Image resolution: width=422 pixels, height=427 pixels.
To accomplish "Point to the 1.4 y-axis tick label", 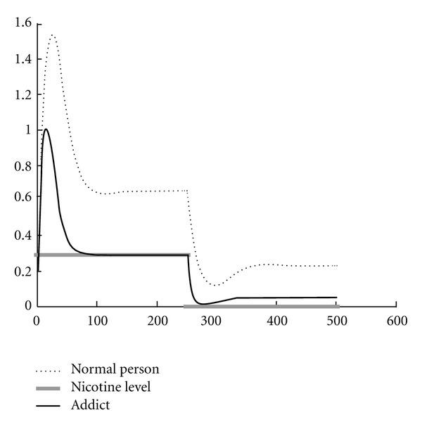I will point(21,59).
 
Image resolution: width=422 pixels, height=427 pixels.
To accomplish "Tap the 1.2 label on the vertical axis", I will point(21,94).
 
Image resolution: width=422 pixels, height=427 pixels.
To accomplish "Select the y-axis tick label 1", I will point(26,129).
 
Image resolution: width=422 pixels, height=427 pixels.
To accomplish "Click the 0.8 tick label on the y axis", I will point(21,165).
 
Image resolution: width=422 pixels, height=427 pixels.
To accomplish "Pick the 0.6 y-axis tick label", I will point(21,200).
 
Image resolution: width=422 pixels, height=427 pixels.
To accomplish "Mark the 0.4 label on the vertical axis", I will point(21,236).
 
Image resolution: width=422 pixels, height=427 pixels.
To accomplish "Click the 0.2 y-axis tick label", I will point(21,271).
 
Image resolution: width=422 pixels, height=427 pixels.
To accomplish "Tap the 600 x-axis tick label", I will point(397,319).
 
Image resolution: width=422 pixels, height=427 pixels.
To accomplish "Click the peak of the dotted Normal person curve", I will point(51,34).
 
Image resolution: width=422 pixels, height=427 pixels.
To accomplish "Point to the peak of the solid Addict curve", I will point(46,129).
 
